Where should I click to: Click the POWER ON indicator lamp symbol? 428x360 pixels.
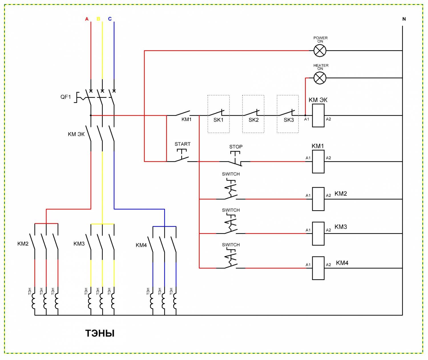pos(320,50)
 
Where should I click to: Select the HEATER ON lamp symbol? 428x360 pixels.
pos(320,78)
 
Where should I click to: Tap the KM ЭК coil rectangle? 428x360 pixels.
pos(318,116)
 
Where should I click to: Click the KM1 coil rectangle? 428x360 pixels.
pos(318,162)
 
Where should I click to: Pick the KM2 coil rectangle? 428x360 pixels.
pos(318,199)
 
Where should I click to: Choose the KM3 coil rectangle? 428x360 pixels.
pos(318,234)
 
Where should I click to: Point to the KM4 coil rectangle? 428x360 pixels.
pos(318,268)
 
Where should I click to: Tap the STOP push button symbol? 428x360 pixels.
pos(235,159)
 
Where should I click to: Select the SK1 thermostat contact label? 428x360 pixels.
pos(218,120)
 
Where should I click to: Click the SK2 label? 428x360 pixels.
pos(254,120)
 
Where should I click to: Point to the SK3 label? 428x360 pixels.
pos(288,120)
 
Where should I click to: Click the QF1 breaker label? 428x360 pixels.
pos(66,97)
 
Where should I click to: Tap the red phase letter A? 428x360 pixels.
pos(87,19)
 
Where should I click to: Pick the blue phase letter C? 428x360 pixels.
pos(110,19)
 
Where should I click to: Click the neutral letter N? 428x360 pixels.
pos(404,19)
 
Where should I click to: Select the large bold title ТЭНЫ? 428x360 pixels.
pos(100,333)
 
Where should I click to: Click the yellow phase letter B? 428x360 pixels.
pos(98,19)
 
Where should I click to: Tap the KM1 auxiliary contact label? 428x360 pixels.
pos(186,120)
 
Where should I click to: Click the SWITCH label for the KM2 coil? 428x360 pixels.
pos(231,174)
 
